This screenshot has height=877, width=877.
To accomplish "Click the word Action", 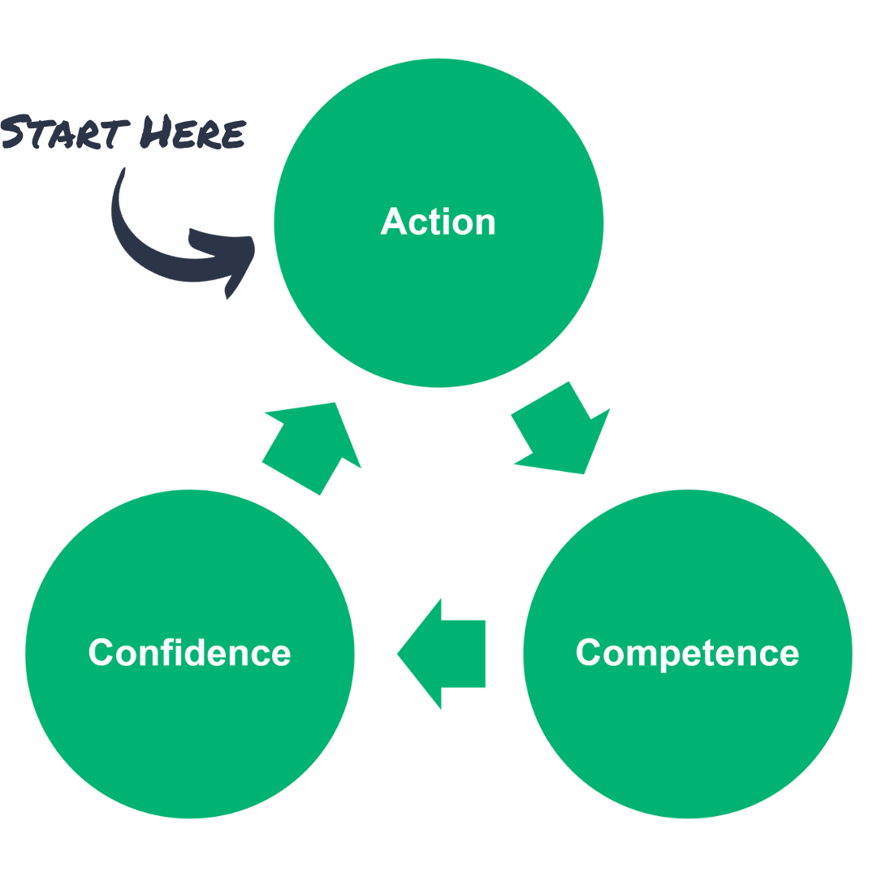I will tap(438, 222).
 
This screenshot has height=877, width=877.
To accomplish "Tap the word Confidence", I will tap(189, 653).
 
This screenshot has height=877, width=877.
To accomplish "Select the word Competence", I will tap(687, 653).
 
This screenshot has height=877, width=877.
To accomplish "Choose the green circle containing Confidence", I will tap(189, 731).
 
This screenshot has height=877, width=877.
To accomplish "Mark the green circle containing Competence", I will tap(687, 731).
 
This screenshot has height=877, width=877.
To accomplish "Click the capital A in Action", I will tap(393, 222).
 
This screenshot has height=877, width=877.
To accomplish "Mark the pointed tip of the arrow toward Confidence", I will tap(398, 654).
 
